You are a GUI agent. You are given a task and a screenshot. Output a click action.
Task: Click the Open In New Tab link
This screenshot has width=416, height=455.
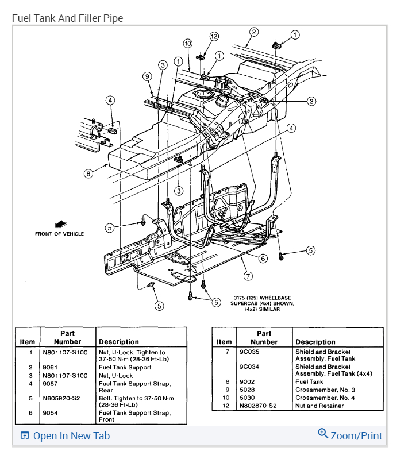coord(65,435)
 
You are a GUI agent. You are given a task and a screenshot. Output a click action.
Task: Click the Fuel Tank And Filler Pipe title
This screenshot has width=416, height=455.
coord(68,18)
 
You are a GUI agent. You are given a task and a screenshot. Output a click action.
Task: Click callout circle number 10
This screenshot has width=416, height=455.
coord(188,43)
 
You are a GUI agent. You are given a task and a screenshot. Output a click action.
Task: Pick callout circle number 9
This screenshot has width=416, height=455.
coord(147,76)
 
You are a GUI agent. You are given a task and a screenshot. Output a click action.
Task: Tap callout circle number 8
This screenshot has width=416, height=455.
coord(88,173)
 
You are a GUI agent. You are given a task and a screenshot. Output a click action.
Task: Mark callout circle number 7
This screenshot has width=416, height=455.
coord(248,276)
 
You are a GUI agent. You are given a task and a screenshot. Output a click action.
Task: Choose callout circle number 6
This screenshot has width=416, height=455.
coord(263,259)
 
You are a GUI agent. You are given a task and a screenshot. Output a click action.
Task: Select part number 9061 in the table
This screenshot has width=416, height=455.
coord(51,367)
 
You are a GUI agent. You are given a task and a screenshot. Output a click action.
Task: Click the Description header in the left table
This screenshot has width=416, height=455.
coord(119,341)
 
